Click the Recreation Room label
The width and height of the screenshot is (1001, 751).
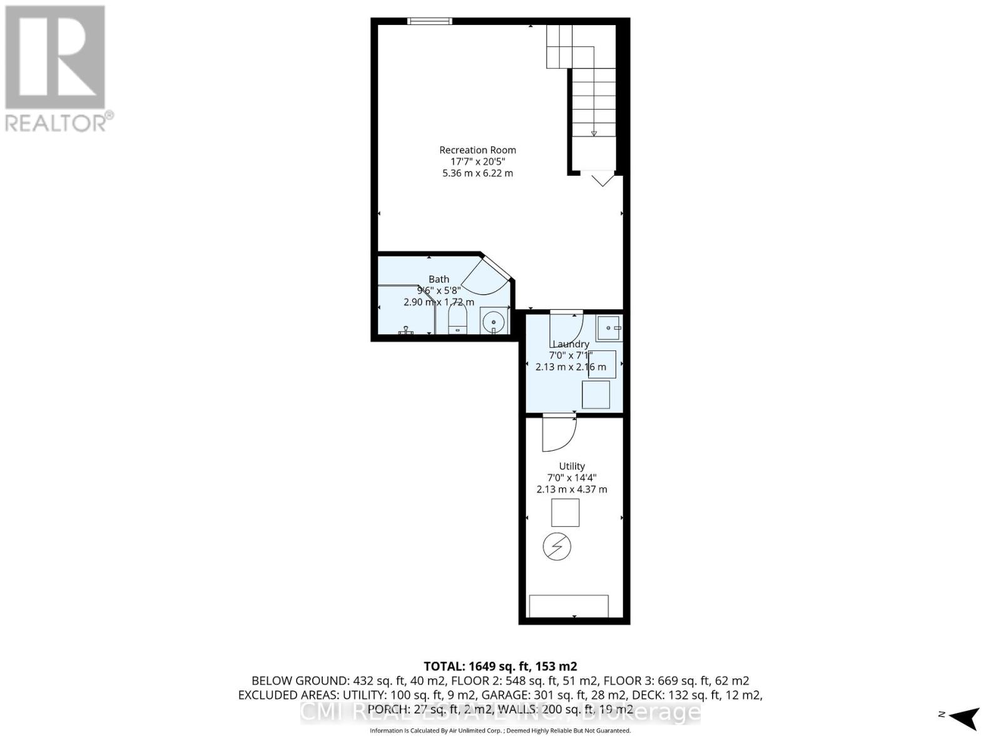click(x=477, y=150)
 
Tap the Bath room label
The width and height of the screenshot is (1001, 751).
click(x=439, y=279)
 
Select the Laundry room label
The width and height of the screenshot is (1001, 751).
click(x=571, y=344)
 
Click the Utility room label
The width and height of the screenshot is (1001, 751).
click(x=572, y=466)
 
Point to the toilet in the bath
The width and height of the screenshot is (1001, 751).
click(x=457, y=322)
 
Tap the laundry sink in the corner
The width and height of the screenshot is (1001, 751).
click(x=608, y=327)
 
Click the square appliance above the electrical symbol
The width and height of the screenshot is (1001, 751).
click(x=565, y=513)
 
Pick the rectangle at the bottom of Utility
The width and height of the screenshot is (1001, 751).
click(x=569, y=605)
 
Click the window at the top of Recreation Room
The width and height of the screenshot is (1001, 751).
click(x=429, y=21)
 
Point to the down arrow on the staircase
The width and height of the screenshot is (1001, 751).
click(x=594, y=133)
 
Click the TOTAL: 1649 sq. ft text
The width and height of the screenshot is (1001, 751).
click(x=500, y=666)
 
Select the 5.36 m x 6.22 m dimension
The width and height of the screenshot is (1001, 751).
click(x=477, y=173)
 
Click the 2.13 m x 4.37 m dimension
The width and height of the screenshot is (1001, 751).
click(x=572, y=489)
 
